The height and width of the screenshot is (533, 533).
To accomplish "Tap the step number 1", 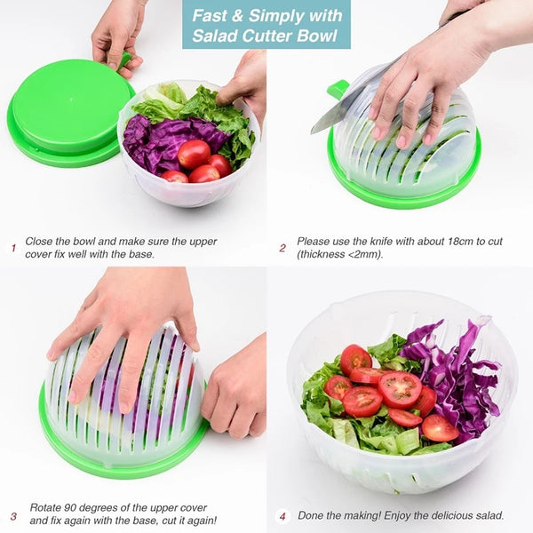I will pos(13,248).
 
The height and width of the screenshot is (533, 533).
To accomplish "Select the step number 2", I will pos(282,248).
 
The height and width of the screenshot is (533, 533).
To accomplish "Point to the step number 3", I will pos(13,515).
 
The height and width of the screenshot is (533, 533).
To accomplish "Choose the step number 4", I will pos(282,515).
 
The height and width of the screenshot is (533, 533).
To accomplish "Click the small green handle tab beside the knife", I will pos(338,89).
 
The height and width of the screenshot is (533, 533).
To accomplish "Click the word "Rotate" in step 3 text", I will pos(46,507).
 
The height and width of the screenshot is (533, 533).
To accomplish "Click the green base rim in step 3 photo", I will pos(115,466).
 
